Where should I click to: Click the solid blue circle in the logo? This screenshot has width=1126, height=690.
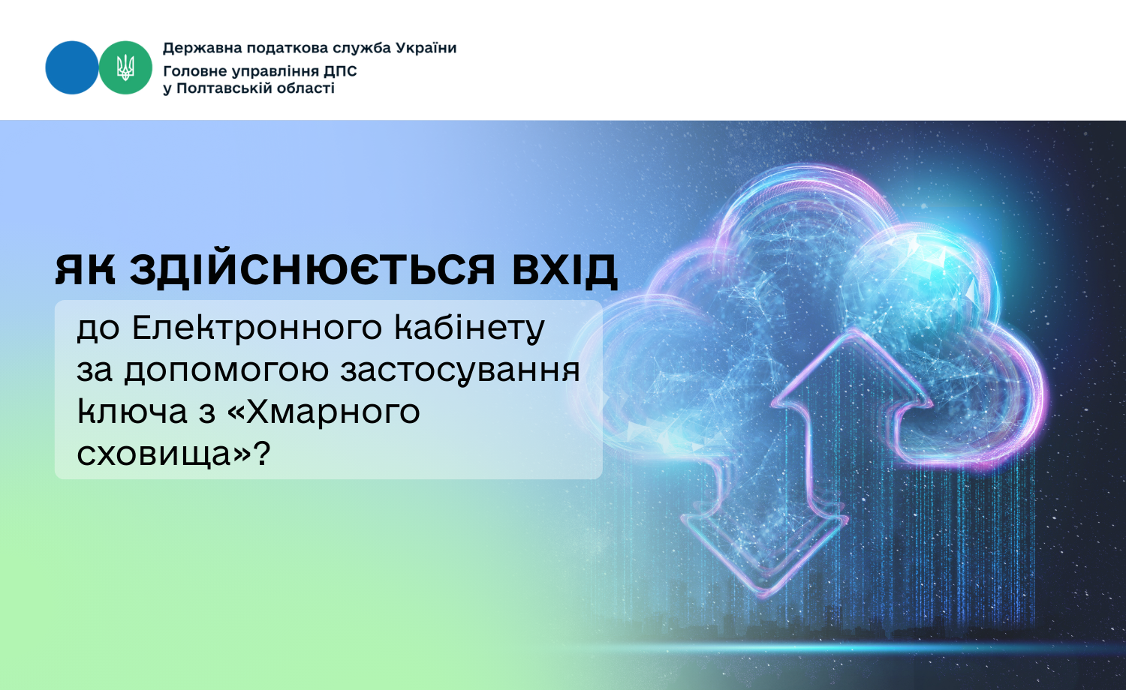coord(72,67)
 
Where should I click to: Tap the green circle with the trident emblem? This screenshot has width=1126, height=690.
coord(125,67)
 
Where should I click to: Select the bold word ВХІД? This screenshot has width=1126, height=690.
coord(565,270)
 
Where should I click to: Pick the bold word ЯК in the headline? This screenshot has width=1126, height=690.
coord(85,270)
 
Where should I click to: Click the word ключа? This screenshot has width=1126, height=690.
coord(132,412)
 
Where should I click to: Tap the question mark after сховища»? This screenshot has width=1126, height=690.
coord(261,453)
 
